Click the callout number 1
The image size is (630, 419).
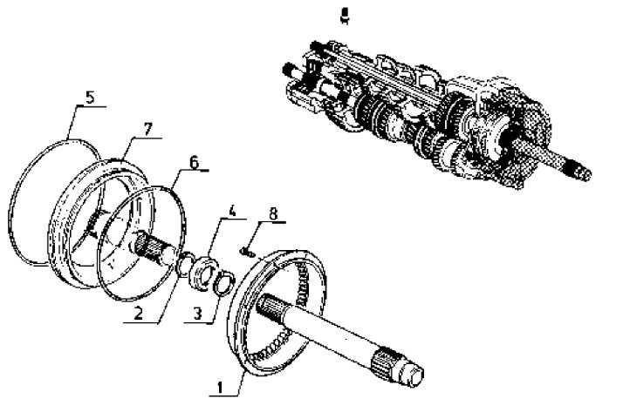[x=220, y=388]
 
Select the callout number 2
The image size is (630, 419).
[x=138, y=313]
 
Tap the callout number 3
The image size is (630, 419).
[x=197, y=314]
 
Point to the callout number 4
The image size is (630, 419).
[x=232, y=212]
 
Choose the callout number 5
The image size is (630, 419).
[x=90, y=98]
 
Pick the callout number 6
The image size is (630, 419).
[x=194, y=162]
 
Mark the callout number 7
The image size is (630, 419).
[x=147, y=129]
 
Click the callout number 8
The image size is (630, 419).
[x=273, y=213]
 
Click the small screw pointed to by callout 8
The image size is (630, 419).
[x=247, y=252]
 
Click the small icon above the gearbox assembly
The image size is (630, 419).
[x=344, y=15]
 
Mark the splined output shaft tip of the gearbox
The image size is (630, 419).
[x=579, y=170]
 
